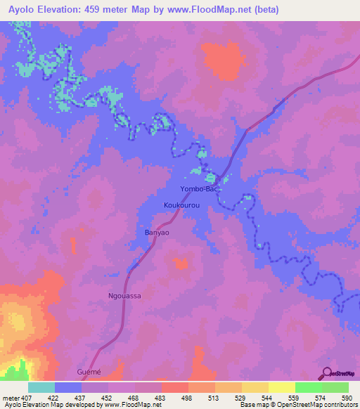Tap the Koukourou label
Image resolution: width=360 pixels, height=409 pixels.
(182, 205)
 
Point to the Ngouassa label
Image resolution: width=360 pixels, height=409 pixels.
(124, 296)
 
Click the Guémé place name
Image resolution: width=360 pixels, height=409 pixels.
(89, 371)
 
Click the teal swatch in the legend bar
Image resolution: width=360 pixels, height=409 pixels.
(41, 387)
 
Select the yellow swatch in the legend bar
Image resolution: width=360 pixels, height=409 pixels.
(281, 387)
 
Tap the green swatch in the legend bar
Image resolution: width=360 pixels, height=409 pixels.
(308, 387)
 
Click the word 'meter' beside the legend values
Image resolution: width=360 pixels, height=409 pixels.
(11, 398)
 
